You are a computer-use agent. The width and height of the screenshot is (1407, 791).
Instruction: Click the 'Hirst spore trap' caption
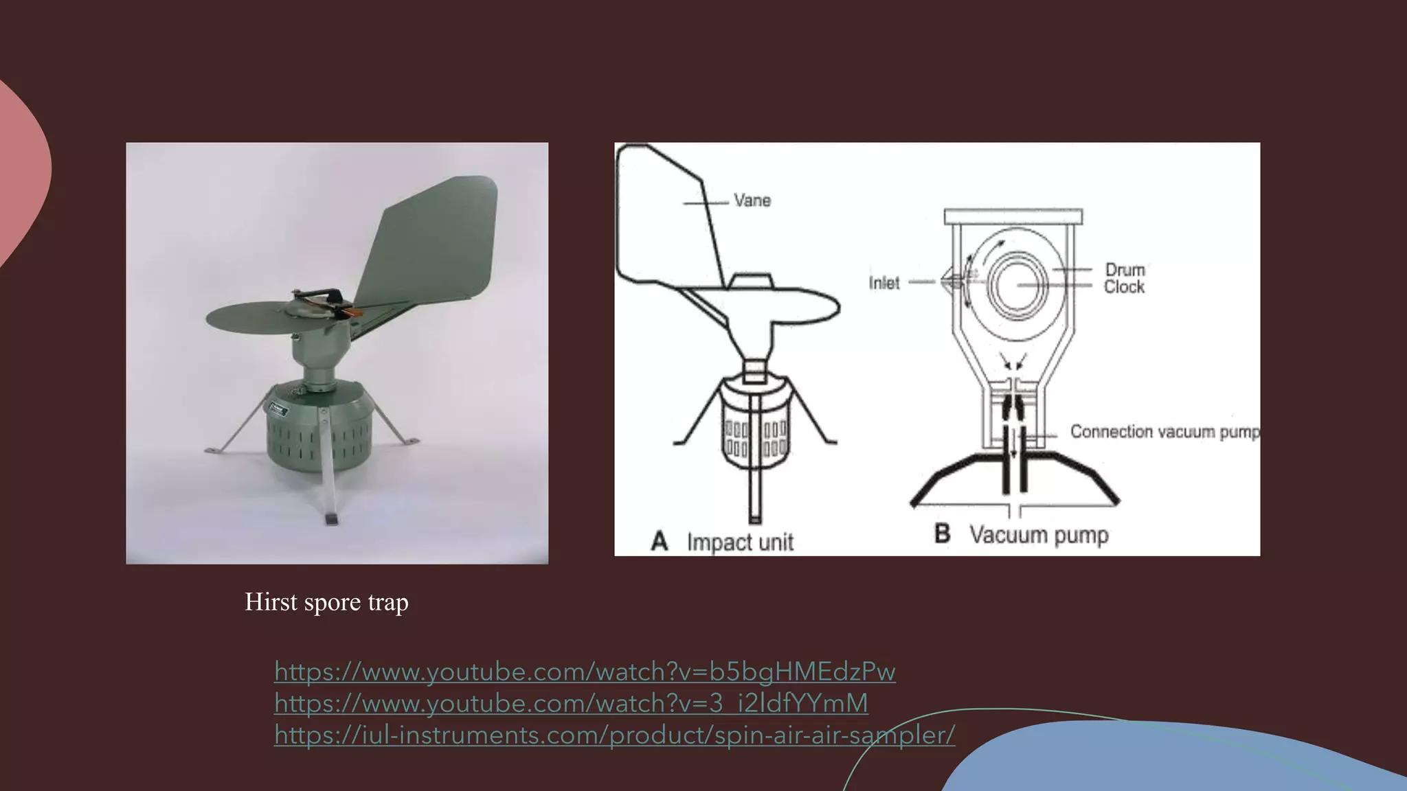click(326, 602)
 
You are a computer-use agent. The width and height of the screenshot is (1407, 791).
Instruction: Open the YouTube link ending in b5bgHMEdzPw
click(585, 672)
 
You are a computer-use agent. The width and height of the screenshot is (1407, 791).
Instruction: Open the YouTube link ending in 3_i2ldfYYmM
click(571, 703)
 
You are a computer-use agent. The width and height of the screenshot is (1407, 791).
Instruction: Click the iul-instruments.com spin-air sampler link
click(614, 735)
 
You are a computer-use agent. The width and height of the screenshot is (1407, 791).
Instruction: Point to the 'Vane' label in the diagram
click(752, 200)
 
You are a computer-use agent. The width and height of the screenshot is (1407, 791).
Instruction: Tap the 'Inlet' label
click(883, 283)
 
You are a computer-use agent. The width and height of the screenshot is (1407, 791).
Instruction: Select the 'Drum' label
click(1125, 269)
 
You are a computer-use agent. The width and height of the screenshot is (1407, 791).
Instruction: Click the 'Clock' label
click(1124, 286)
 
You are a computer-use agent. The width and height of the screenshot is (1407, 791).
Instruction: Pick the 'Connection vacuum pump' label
click(1165, 432)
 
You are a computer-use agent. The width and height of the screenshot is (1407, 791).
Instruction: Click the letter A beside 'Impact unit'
click(660, 541)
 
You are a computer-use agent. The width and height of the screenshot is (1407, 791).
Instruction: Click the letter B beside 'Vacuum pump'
click(943, 534)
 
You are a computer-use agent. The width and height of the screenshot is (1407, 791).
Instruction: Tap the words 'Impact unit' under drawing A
click(740, 542)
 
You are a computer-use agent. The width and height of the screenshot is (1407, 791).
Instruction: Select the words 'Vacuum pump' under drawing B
click(1039, 535)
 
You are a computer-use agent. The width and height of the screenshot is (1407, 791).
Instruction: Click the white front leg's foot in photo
click(330, 518)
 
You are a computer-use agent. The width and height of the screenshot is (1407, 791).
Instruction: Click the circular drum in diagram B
click(1018, 285)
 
